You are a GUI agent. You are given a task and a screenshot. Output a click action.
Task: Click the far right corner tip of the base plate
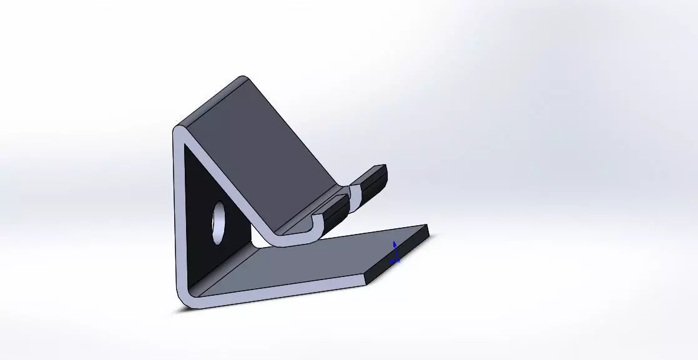(428, 226)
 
